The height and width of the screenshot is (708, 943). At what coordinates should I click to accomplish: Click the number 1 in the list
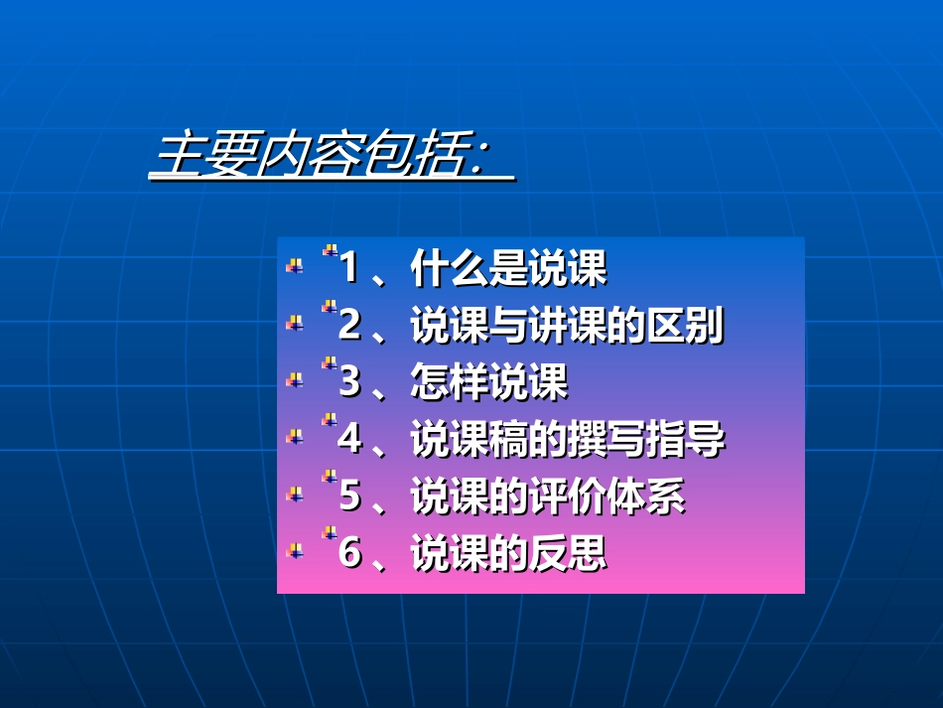pyautogui.click(x=348, y=268)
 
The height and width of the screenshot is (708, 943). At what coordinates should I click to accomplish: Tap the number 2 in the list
pyautogui.click(x=348, y=326)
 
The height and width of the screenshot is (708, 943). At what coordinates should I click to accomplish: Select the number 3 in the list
pyautogui.click(x=348, y=382)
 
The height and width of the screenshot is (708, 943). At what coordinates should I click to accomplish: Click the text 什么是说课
pyautogui.click(x=508, y=269)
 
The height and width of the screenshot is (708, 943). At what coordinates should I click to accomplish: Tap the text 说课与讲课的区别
pyautogui.click(x=567, y=326)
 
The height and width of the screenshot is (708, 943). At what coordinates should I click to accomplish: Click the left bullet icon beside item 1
pyautogui.click(x=294, y=265)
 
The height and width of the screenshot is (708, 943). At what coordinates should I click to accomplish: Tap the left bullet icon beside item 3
pyautogui.click(x=294, y=379)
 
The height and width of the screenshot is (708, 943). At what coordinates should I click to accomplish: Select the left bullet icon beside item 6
pyautogui.click(x=294, y=550)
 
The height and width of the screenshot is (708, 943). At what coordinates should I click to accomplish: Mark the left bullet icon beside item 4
pyautogui.click(x=294, y=436)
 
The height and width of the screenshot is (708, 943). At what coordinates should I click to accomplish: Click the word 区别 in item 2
pyautogui.click(x=685, y=326)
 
